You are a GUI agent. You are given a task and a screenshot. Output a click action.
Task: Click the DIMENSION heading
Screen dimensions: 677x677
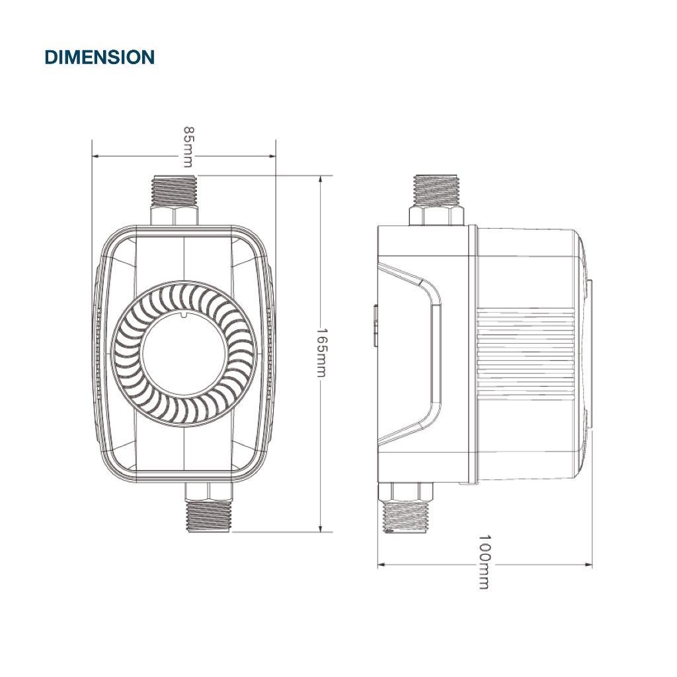99,58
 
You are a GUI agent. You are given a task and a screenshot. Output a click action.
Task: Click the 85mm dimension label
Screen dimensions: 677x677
188,147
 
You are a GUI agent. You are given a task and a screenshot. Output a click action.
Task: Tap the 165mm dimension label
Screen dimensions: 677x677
322,352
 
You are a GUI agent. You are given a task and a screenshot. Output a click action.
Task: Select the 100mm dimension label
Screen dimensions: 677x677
485,562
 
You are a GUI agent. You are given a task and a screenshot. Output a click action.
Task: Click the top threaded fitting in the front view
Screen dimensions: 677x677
175,191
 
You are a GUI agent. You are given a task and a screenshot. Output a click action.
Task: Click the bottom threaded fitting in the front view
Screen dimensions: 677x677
208,516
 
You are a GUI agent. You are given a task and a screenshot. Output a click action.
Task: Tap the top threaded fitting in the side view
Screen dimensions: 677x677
436,190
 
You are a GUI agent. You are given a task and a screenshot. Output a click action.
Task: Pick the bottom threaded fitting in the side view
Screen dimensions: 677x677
405,516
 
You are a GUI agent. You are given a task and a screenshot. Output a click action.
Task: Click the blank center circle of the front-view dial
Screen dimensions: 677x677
184,353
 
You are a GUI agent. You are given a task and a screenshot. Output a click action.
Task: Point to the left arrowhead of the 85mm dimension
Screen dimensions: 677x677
96,156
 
